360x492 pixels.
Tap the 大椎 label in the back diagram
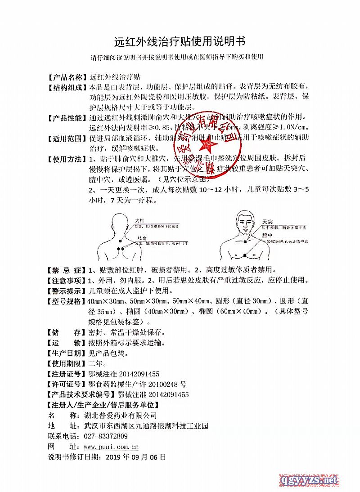tap(139, 220)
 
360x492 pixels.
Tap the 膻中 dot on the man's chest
tap(243, 255)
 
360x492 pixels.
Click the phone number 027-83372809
tap(106, 436)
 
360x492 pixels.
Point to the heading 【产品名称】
tap(67, 77)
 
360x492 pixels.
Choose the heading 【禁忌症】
tap(67, 270)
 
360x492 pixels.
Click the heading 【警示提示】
tap(67, 291)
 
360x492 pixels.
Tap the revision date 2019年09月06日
tap(135, 457)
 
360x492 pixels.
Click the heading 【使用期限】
tap(67, 363)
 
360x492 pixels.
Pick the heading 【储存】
tap(67, 333)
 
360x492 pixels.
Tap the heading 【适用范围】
tap(67, 138)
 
